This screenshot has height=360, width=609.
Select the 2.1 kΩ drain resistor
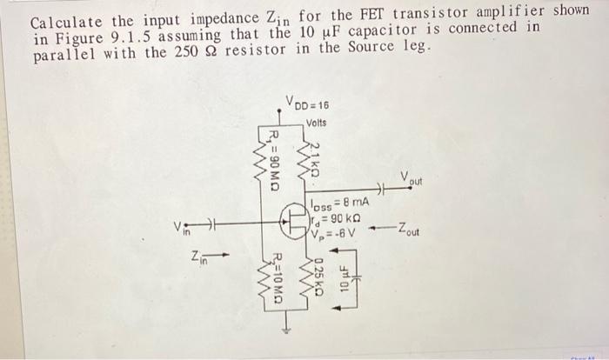(306, 159)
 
